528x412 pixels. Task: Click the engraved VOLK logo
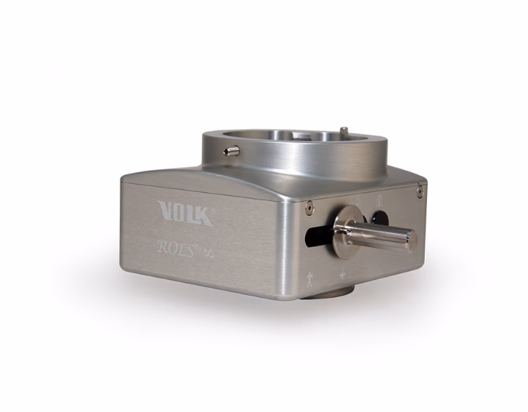click(x=185, y=213)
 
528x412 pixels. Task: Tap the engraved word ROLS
click(x=176, y=249)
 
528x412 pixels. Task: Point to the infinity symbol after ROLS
click(x=208, y=252)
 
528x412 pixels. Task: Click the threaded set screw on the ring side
click(x=232, y=150)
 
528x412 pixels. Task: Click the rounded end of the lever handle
click(x=411, y=239)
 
